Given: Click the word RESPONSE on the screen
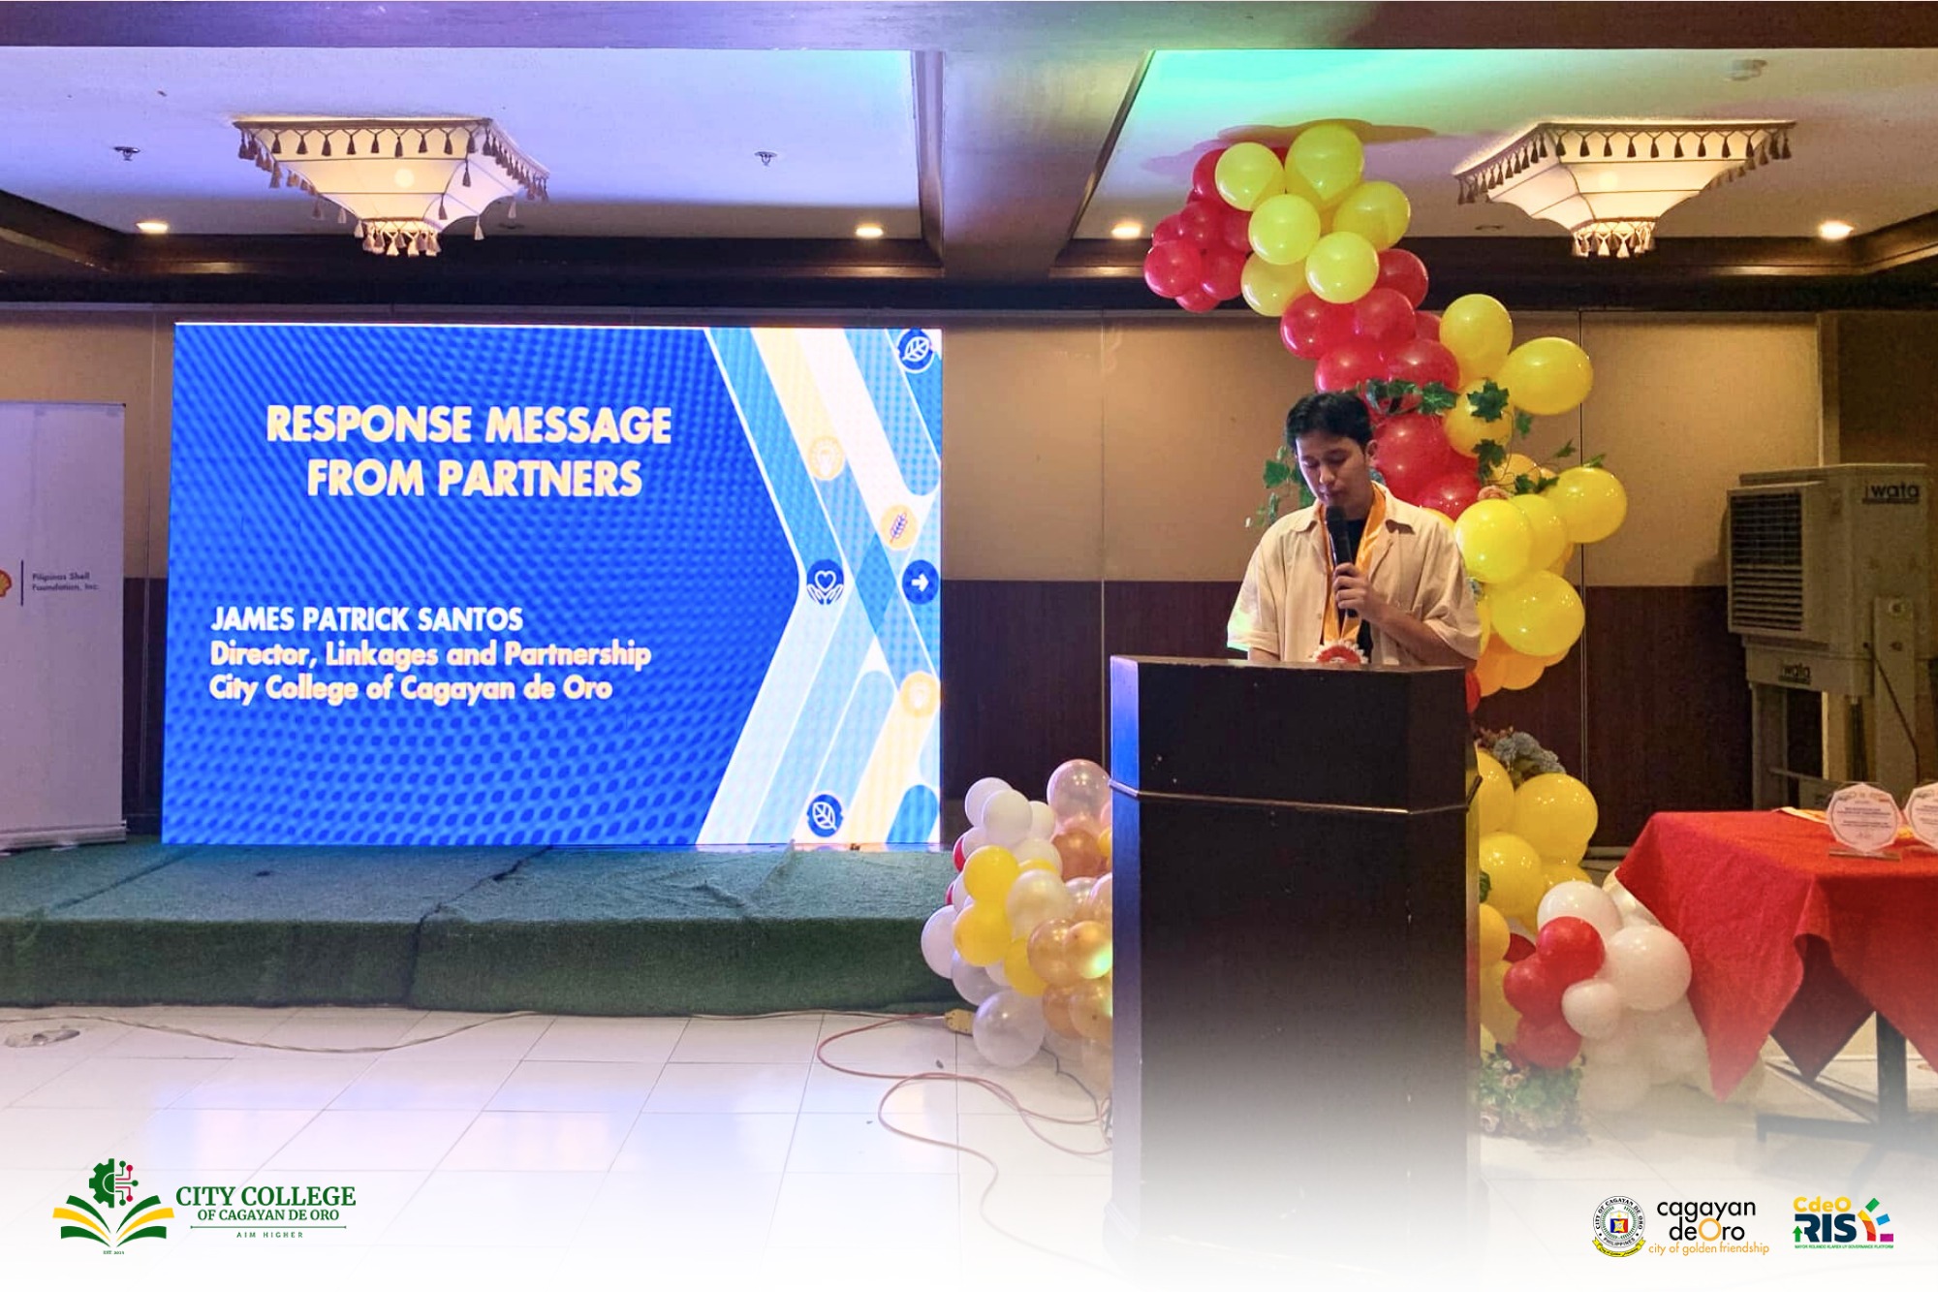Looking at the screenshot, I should [369, 425].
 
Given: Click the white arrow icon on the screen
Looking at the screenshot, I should [920, 582].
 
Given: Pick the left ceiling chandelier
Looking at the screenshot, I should [392, 179].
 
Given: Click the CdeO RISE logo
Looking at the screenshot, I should [1842, 1223].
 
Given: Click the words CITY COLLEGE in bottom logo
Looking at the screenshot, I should [266, 1196].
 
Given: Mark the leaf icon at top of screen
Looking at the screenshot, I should [916, 349].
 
